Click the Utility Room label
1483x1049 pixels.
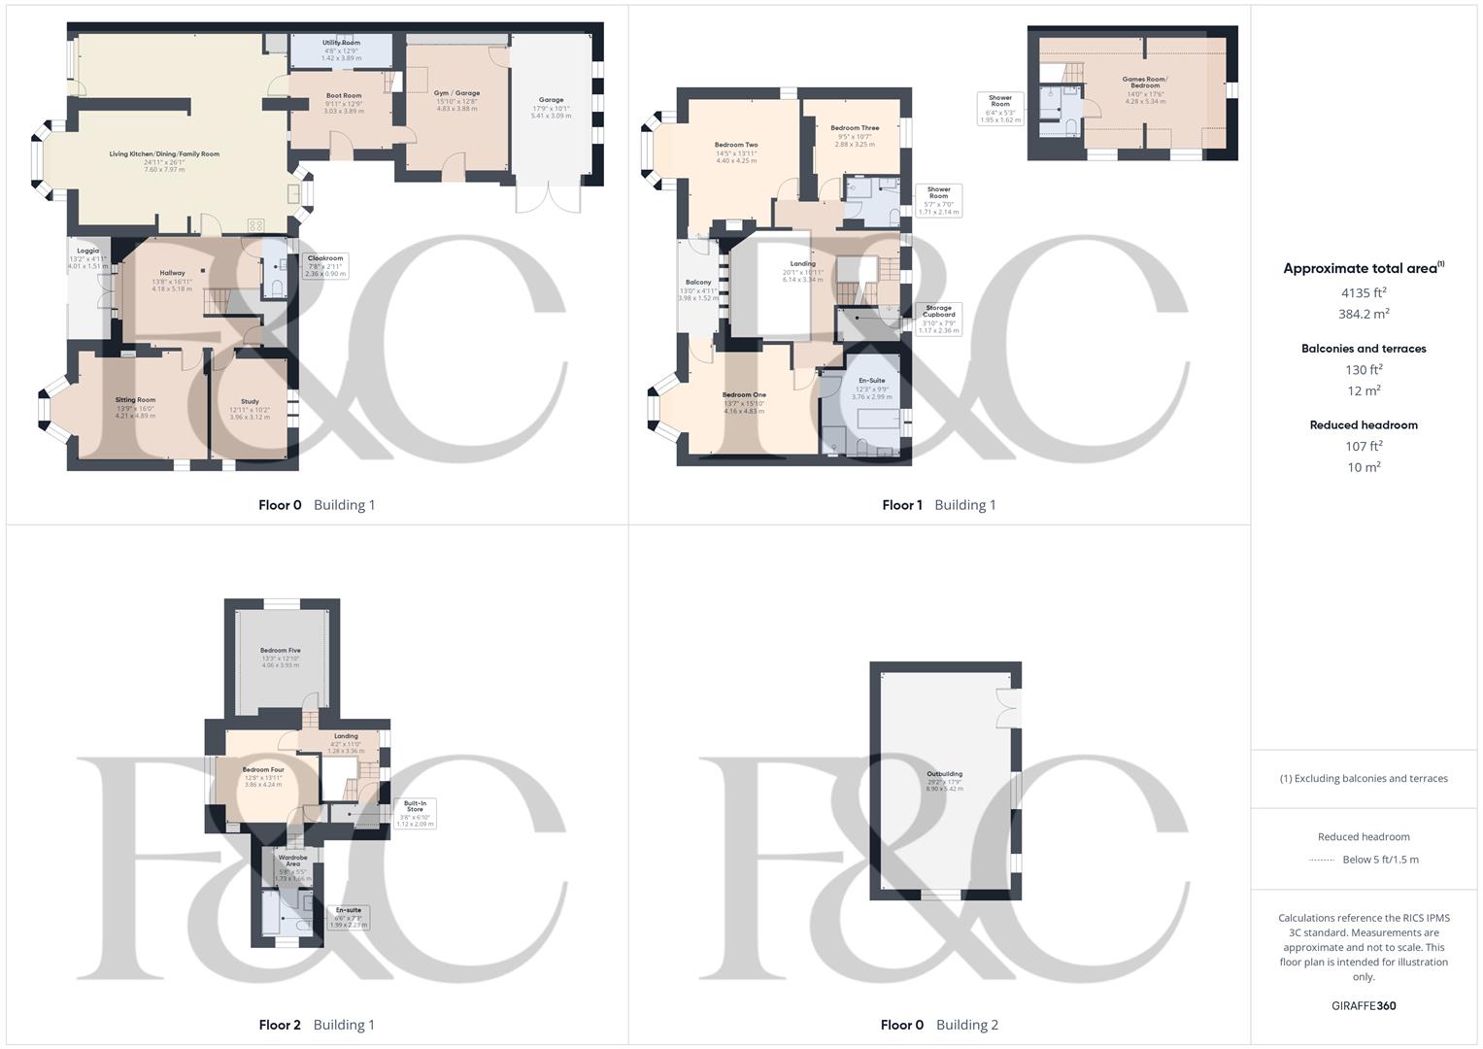(x=341, y=43)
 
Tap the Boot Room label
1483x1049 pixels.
(x=343, y=96)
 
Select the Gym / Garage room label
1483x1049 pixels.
(x=456, y=93)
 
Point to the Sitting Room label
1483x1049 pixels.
(x=135, y=400)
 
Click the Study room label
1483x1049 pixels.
(x=250, y=402)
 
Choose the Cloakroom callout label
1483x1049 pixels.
(x=325, y=258)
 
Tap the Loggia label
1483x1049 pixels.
(x=87, y=252)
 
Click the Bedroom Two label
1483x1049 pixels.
(x=736, y=145)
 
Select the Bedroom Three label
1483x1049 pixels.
(x=855, y=128)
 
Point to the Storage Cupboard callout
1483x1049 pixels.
(x=939, y=311)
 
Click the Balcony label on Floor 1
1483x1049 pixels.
(x=698, y=283)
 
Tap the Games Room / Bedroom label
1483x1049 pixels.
(x=1145, y=83)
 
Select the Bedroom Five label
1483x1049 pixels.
(x=281, y=651)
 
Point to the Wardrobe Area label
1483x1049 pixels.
(x=292, y=861)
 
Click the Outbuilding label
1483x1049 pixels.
(x=944, y=774)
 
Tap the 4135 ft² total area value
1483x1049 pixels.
(x=1364, y=292)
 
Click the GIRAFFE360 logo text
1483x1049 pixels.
(x=1364, y=1006)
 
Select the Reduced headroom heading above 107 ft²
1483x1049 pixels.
(x=1364, y=425)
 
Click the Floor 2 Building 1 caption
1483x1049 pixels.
(x=317, y=1025)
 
